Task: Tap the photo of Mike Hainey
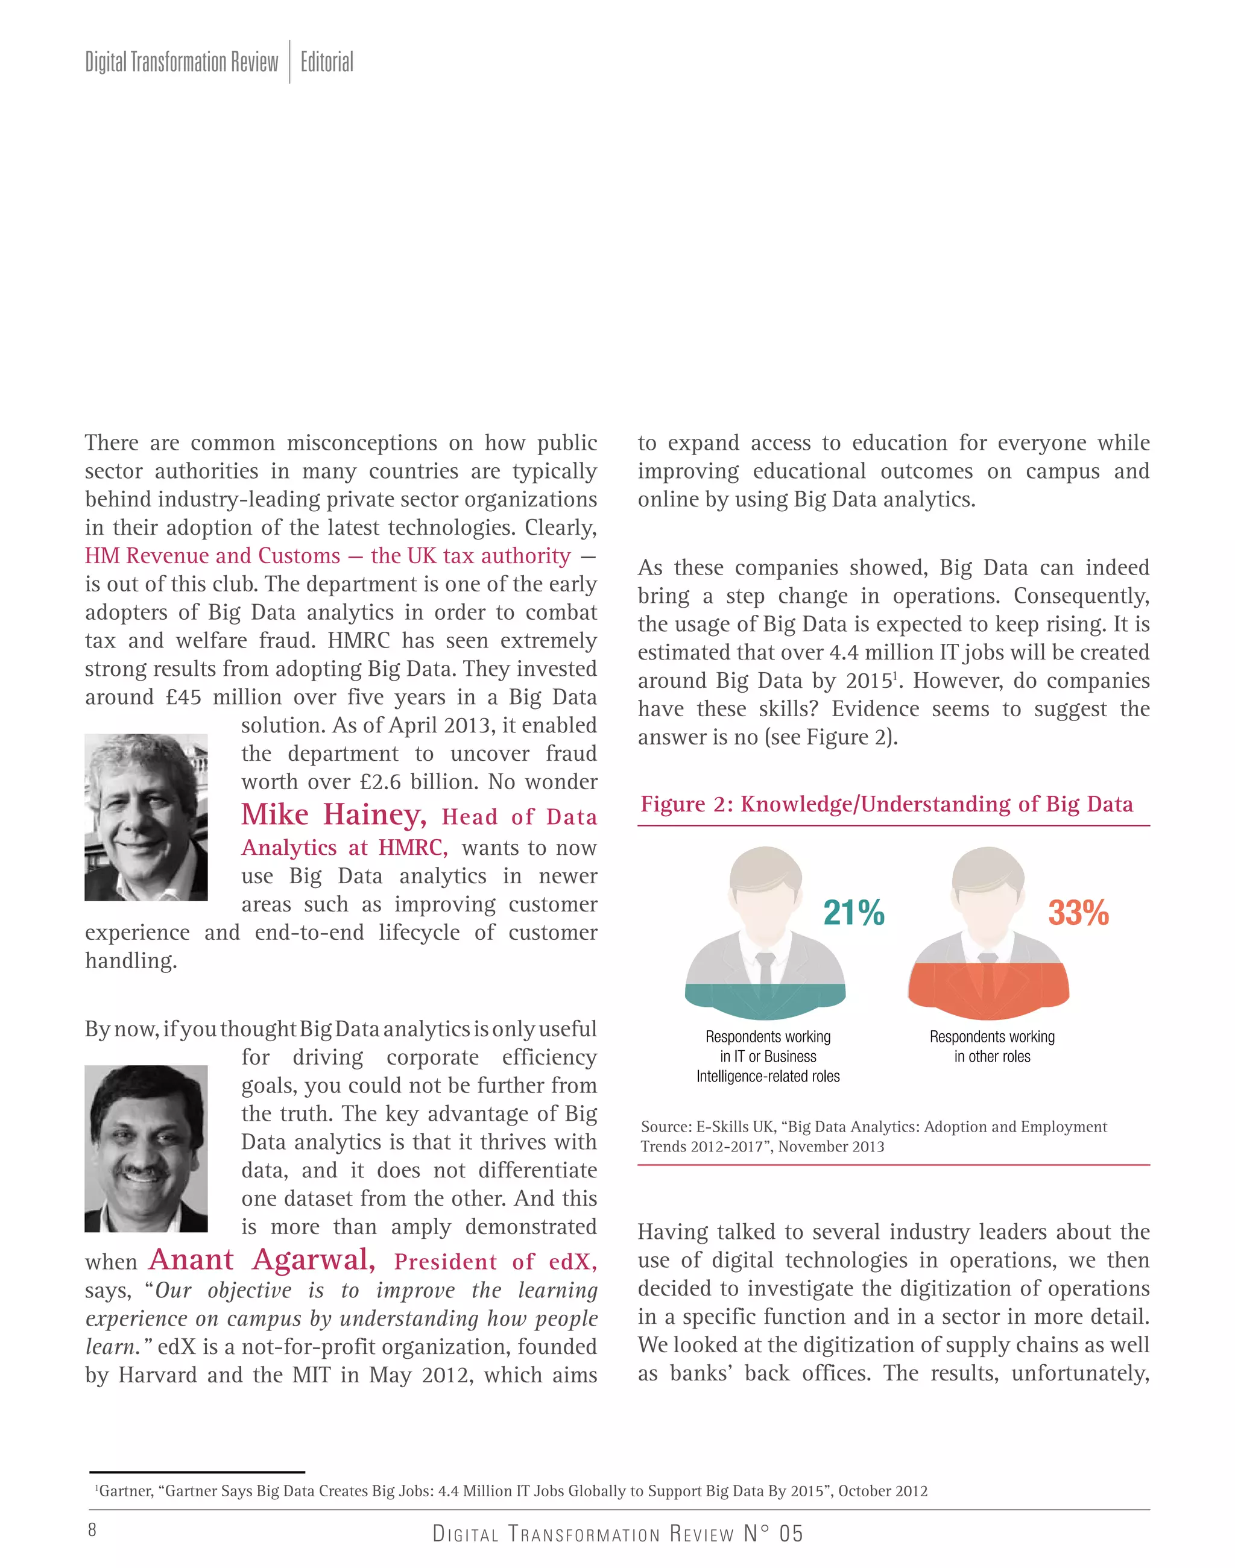tap(146, 817)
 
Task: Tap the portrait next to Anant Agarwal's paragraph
tap(146, 1148)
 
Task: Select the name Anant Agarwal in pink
tap(262, 1259)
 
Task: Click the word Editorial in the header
tap(327, 62)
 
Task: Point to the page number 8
tap(92, 1529)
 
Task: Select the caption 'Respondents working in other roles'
tap(992, 1046)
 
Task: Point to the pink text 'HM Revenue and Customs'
tap(213, 555)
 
